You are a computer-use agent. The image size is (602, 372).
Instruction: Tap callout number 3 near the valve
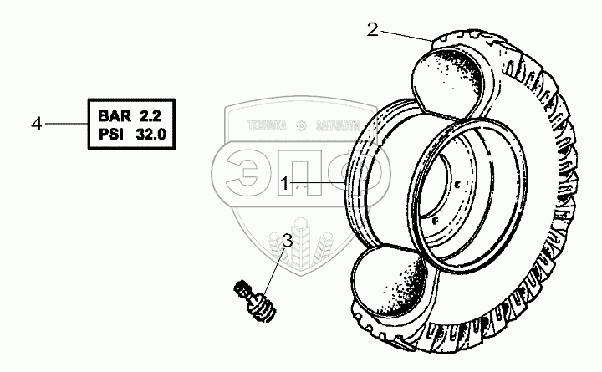pos(287,242)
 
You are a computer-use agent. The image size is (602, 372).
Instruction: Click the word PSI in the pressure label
pos(111,133)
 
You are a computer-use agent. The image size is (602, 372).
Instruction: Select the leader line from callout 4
pos(65,124)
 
